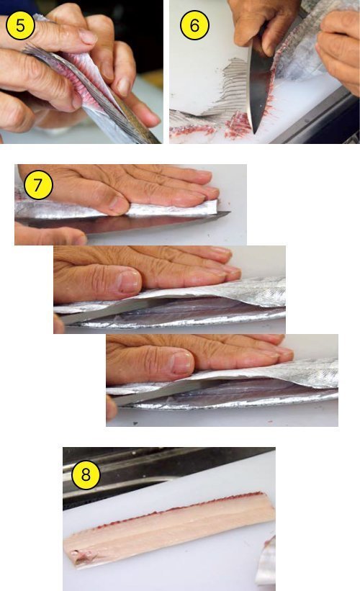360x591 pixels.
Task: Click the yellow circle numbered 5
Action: pos(20,26)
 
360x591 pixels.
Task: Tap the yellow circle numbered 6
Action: pos(194,25)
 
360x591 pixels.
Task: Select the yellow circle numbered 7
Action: pos(38,185)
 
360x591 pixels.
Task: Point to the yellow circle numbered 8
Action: pos(86,474)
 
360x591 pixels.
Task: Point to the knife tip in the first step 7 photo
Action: pos(229,213)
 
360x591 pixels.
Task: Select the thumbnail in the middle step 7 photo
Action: pos(127,281)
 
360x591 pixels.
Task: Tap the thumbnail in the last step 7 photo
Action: pos(181,363)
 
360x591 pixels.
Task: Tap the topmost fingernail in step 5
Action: pos(88,37)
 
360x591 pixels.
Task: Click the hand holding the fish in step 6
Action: pos(339,49)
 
